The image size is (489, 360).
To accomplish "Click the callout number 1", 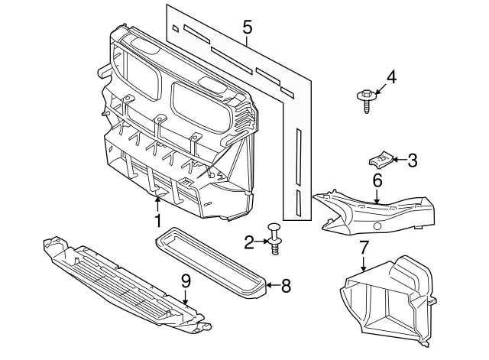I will click(158, 222).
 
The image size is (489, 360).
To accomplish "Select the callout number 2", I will click(249, 243).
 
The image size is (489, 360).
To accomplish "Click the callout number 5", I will click(247, 28).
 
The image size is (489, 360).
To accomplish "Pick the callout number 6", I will click(377, 181).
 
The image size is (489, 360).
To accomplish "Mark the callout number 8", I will click(286, 286).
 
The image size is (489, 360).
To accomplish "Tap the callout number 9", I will click(185, 281).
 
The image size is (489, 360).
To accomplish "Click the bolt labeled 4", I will click(365, 99).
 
